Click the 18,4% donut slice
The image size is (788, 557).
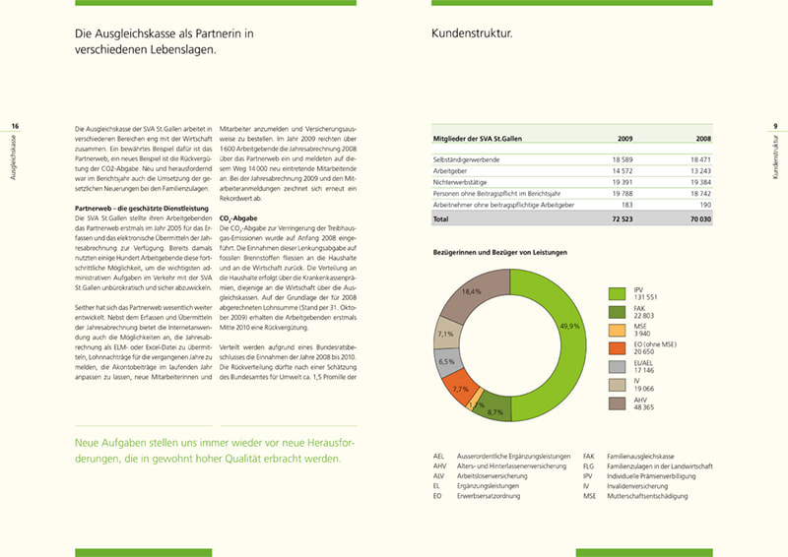[x=472, y=292]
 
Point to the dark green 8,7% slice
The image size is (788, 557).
[x=494, y=411]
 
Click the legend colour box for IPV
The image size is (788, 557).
[x=618, y=293]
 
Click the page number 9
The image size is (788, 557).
[x=775, y=126]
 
